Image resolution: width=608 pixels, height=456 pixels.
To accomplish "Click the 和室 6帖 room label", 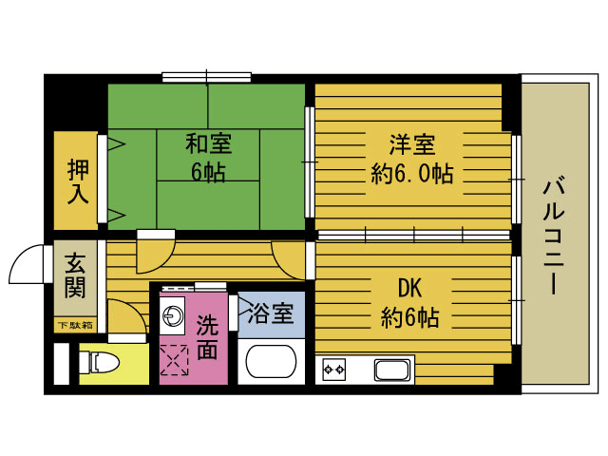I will pos(207,159).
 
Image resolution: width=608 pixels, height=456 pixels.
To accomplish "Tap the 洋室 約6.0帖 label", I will pos(410,159).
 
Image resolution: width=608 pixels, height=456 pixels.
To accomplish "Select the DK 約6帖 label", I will pos(410,301).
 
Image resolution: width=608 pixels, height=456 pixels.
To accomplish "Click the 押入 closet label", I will pos(77,181).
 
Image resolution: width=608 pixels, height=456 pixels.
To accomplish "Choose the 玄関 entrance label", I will pos(76,275).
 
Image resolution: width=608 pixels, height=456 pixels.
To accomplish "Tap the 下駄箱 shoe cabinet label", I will pos(75,326).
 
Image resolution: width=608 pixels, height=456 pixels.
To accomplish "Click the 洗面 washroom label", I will pos(207,336).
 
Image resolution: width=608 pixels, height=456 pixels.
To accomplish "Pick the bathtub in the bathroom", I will pos(273,363).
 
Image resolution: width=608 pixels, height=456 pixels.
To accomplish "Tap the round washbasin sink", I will pos(173,317).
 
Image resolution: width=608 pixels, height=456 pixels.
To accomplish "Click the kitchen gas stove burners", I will pos(334,369).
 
